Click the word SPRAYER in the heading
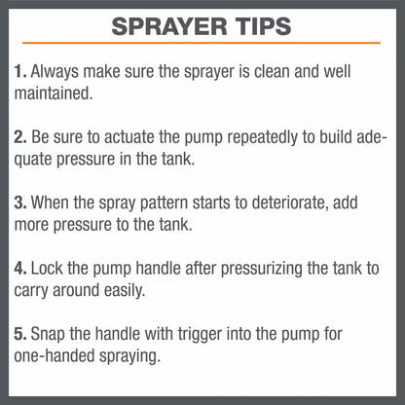click(x=169, y=26)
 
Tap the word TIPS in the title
click(x=264, y=26)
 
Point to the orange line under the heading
click(x=202, y=43)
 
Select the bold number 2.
click(x=20, y=137)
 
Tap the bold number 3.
click(x=20, y=202)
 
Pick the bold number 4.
click(x=20, y=269)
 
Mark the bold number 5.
click(x=20, y=334)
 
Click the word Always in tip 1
click(x=55, y=72)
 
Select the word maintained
click(x=54, y=93)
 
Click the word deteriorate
click(x=290, y=202)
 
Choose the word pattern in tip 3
click(x=164, y=203)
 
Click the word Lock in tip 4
click(x=47, y=268)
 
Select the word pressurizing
click(x=262, y=269)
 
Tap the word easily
click(x=125, y=290)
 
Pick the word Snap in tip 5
click(x=48, y=335)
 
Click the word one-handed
click(x=55, y=356)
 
